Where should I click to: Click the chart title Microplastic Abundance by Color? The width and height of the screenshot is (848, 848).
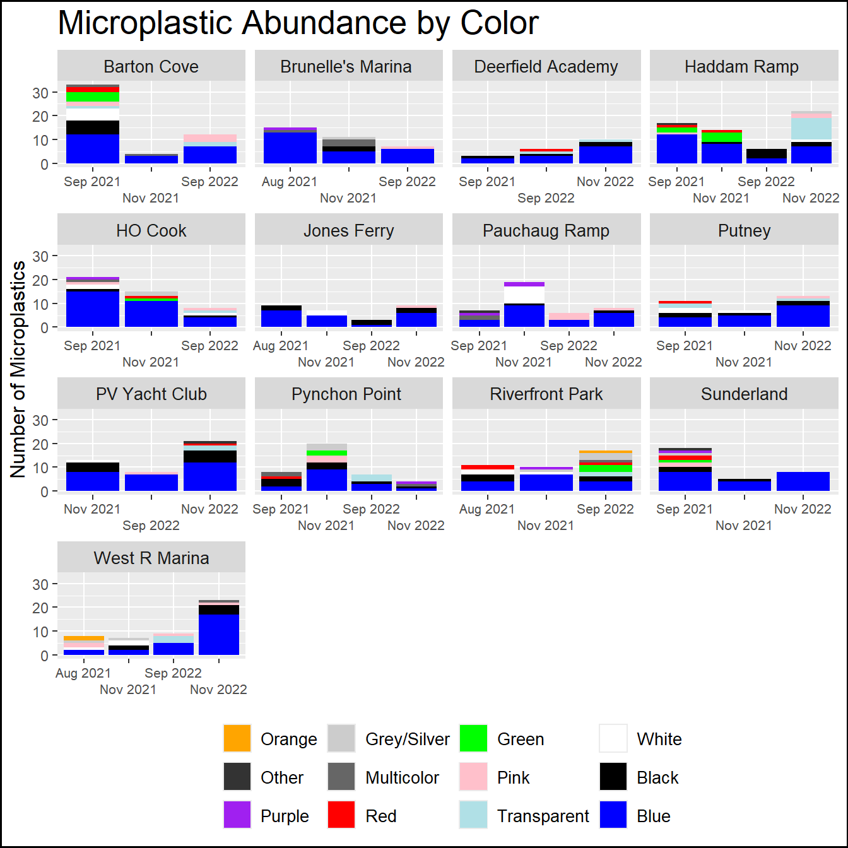click(298, 23)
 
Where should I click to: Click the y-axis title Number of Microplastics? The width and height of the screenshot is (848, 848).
click(18, 369)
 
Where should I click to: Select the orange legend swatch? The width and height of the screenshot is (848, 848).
click(237, 738)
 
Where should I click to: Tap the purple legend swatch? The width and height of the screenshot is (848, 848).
click(237, 815)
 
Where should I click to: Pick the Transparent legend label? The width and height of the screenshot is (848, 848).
click(543, 816)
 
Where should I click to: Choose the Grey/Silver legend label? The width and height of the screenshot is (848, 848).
click(407, 739)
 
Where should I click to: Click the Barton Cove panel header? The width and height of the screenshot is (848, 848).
click(151, 66)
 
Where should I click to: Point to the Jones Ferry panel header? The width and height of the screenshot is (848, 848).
click(348, 230)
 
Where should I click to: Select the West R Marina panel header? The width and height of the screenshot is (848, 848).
click(151, 558)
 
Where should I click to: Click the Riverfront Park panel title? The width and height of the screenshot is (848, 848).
click(546, 394)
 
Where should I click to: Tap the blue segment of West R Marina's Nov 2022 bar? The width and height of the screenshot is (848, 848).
click(219, 634)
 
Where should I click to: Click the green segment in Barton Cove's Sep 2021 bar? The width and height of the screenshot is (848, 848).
click(93, 97)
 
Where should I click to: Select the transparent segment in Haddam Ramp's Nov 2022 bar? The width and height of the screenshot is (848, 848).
click(811, 129)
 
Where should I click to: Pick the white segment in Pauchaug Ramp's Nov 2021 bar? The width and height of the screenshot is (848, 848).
click(524, 295)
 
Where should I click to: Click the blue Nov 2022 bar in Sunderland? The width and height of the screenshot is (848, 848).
click(803, 481)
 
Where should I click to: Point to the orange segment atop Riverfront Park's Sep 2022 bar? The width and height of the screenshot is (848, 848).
click(606, 452)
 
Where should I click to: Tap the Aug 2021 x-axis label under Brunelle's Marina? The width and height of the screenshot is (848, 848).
click(290, 182)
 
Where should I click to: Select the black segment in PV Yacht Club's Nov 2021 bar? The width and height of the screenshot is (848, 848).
click(93, 468)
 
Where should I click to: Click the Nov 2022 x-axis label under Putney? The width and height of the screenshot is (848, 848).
click(803, 346)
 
